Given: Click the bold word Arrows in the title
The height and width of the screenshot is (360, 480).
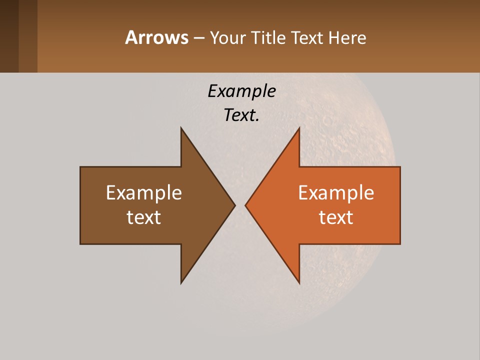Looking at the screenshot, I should coord(156,37).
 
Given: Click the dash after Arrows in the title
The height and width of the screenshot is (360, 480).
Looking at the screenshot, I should coord(198,38).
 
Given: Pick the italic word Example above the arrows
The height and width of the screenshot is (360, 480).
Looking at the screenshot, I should coord(241,91).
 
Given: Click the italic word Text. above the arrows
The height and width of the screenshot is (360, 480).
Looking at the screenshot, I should coord(241,115).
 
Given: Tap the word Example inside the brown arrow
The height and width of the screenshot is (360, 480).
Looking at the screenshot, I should coord(144,192).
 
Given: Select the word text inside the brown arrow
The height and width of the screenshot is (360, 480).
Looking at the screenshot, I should coord(144,217).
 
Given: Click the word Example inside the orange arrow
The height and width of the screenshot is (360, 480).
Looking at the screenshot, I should coord(336,192).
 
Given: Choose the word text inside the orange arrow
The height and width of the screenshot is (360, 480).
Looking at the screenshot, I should coord(336,217).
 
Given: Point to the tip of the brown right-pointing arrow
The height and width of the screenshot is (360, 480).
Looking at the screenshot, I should coord(234,205).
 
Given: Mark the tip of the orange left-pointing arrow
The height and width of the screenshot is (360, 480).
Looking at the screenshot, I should coord(246,205).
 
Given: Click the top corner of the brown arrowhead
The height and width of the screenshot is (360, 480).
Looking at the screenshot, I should coord(181,128).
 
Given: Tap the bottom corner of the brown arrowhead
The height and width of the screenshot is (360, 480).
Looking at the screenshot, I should coord(181,282).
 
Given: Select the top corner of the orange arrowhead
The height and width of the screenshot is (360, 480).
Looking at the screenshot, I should coord(299,128).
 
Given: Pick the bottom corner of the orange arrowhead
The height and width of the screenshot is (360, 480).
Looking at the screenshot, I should coord(299,282).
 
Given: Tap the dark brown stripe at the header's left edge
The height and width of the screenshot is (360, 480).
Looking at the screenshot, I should coord(9,36).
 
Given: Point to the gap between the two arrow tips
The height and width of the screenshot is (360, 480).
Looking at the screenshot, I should coord(240,205).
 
